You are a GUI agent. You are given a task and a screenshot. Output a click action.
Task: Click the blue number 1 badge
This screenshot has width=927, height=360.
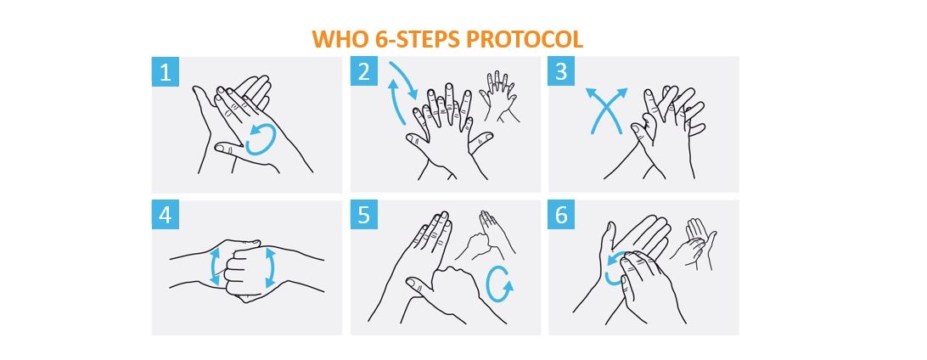[165, 71]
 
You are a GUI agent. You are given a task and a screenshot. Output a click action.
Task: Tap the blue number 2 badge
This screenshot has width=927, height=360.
[363, 71]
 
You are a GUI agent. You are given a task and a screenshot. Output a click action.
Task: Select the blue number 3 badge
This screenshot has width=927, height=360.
[561, 71]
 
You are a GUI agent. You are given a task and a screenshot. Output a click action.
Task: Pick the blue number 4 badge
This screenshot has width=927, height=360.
[165, 215]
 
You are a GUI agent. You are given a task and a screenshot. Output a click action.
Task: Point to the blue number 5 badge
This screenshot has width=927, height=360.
[363, 215]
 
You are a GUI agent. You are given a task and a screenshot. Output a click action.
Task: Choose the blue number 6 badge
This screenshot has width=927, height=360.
[561, 215]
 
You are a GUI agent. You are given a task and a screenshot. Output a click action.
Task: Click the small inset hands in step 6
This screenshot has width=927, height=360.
[697, 241]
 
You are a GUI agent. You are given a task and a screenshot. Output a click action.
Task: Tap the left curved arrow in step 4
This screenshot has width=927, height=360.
[216, 268]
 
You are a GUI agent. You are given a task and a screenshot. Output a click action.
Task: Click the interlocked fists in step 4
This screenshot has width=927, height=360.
[244, 268]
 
